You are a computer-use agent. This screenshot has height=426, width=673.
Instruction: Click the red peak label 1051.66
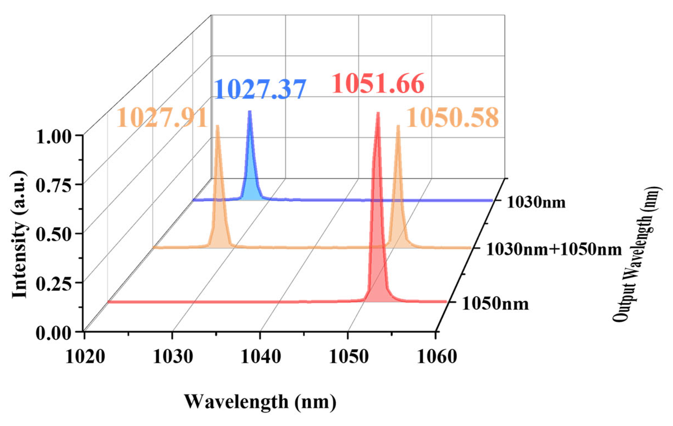[x=378, y=84]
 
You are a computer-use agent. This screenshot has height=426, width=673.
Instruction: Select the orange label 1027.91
[x=162, y=118]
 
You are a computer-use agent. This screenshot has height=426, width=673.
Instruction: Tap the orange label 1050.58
[x=452, y=118]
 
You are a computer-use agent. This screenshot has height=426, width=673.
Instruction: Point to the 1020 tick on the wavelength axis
[x=85, y=357]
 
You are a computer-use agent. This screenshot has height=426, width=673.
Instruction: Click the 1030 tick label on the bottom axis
[x=173, y=357]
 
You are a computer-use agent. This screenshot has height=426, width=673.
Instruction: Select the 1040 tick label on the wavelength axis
[x=261, y=357]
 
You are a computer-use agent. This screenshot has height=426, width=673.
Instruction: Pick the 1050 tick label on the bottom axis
[x=348, y=357]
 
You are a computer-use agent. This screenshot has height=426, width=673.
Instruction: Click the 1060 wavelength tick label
[x=437, y=357]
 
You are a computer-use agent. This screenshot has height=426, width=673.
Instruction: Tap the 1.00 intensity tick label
[x=54, y=137]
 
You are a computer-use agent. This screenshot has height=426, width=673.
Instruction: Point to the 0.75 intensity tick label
[x=54, y=186]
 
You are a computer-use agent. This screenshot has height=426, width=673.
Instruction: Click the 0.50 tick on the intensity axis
[x=54, y=235]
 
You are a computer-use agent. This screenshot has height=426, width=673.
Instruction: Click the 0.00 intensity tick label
[x=54, y=333]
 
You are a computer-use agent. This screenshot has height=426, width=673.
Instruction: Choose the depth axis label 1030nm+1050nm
[x=554, y=250]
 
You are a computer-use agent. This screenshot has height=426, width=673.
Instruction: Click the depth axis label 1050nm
[x=495, y=304]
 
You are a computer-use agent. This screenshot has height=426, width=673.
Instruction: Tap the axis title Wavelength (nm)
[x=260, y=401]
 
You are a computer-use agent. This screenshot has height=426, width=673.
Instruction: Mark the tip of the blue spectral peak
[x=250, y=112]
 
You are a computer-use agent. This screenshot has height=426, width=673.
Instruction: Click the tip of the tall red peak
[x=378, y=113]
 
